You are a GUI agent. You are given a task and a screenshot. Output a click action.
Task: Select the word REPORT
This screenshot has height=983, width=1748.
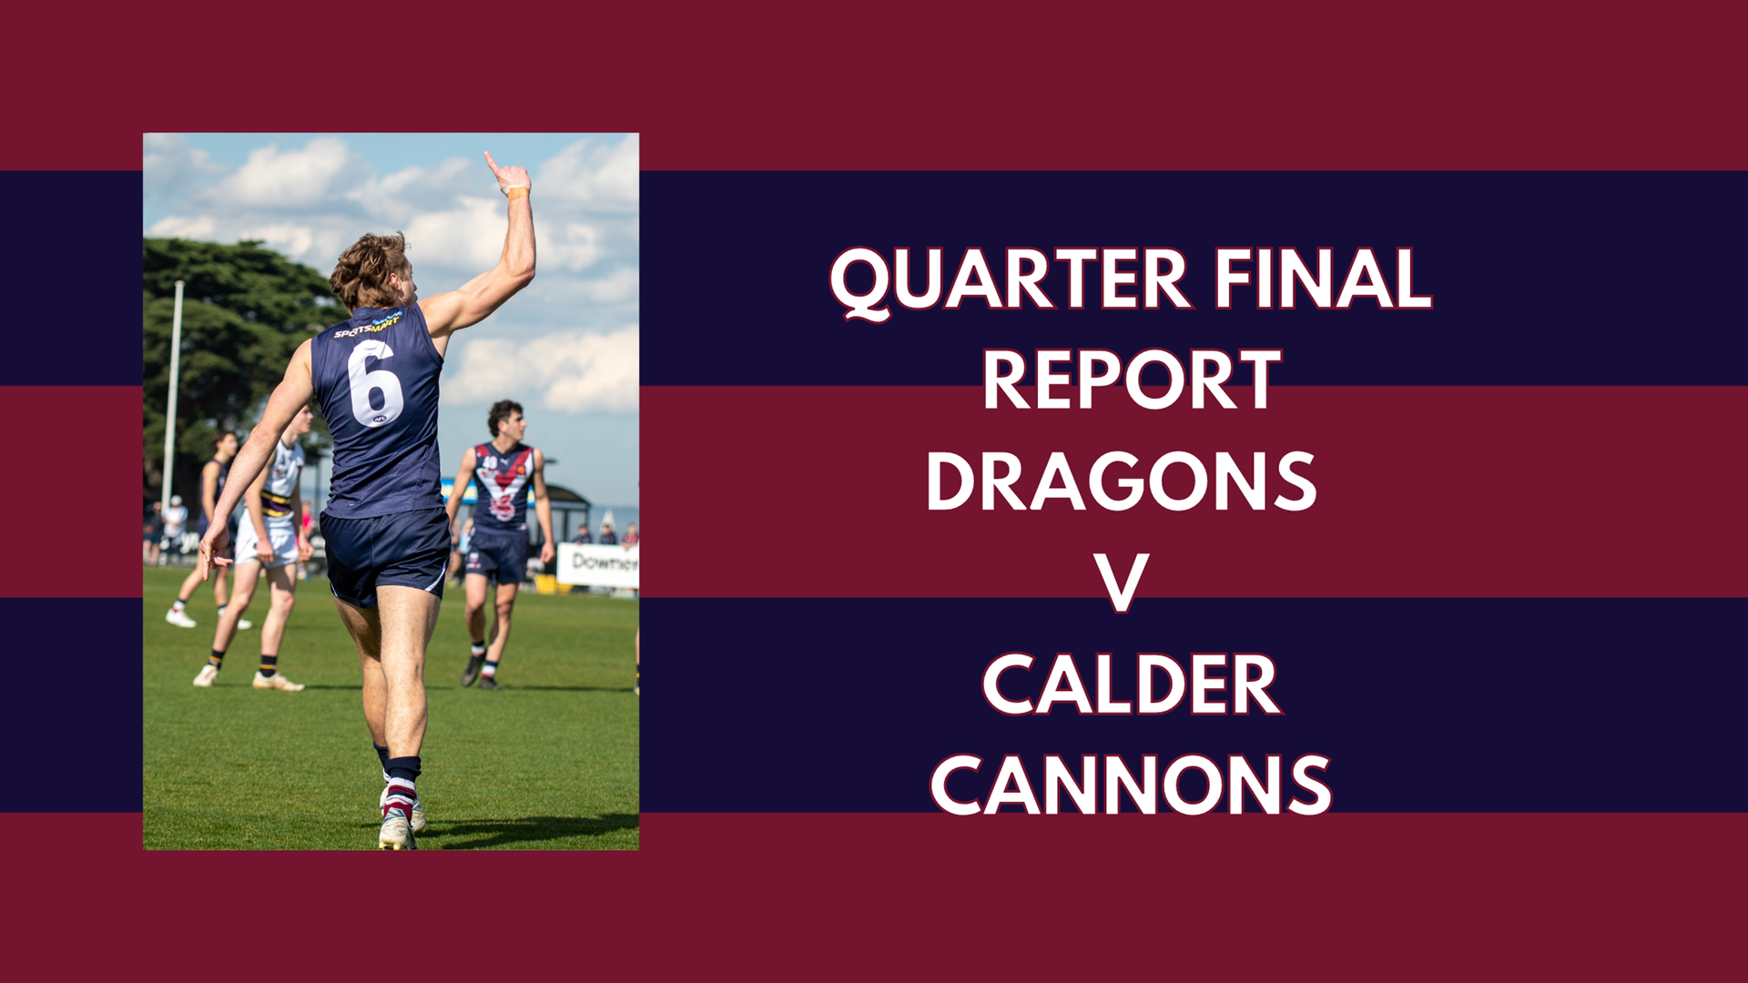point(1131,380)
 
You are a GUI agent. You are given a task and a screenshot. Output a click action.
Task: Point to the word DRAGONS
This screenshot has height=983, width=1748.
point(1122,482)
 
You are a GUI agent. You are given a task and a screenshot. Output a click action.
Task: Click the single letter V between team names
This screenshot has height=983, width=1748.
point(1121,583)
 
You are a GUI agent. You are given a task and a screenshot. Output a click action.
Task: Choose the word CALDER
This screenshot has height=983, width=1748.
point(1131,685)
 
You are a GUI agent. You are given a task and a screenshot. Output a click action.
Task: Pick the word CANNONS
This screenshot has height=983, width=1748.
point(1131,785)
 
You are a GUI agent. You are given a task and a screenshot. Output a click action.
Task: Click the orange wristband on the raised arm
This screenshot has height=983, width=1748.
point(517,193)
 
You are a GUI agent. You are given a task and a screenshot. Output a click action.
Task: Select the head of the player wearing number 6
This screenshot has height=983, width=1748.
point(371,271)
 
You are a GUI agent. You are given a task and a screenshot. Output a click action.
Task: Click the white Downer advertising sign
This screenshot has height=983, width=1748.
point(598,564)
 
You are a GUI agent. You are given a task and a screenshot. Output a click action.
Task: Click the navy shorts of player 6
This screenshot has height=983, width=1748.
point(386,552)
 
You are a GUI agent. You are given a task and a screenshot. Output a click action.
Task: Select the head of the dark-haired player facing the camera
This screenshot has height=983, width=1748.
point(505,421)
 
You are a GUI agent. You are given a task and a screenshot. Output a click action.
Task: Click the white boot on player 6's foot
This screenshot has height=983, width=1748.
point(397,831)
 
